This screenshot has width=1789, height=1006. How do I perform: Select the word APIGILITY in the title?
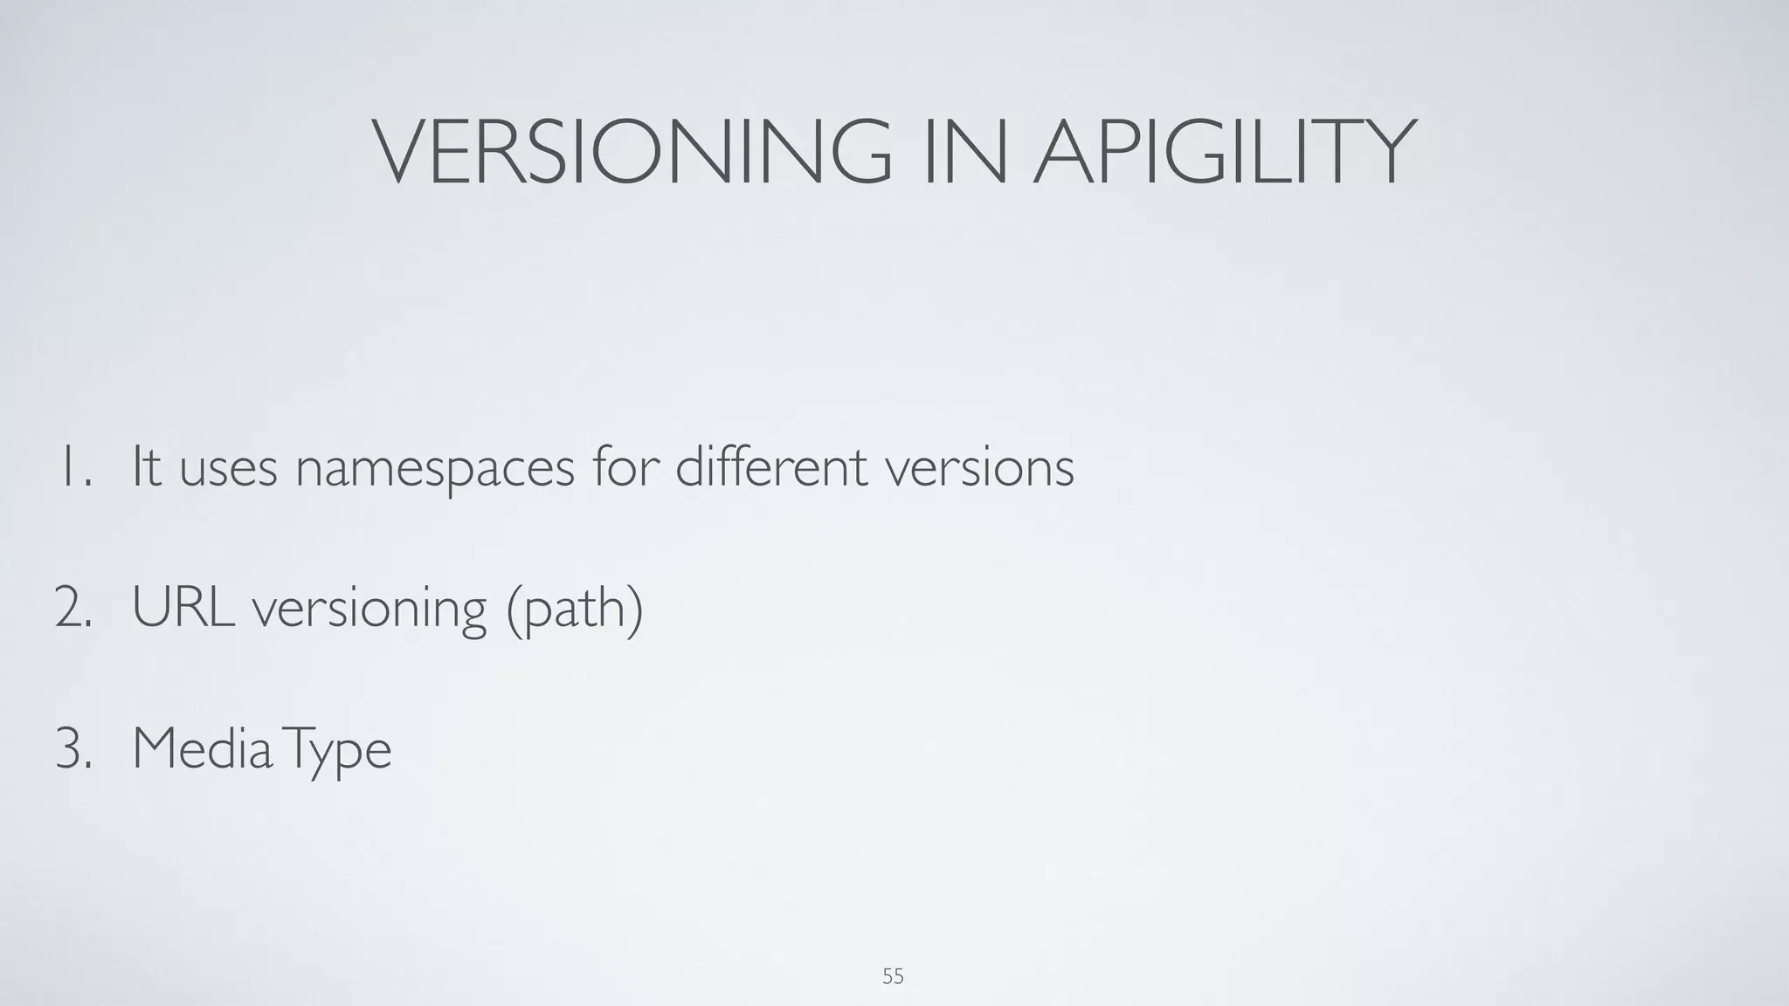pyautogui.click(x=1223, y=152)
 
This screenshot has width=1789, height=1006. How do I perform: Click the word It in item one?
pyautogui.click(x=147, y=467)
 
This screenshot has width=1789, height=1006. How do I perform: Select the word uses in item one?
pyautogui.click(x=228, y=469)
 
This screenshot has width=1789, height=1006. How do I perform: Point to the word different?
pyautogui.click(x=771, y=467)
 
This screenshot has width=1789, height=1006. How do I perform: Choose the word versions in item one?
pyautogui.click(x=979, y=469)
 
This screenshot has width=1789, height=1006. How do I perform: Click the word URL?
pyautogui.click(x=183, y=608)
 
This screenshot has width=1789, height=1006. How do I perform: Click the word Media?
pyautogui.click(x=202, y=749)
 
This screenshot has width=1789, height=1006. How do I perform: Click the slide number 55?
pyautogui.click(x=893, y=976)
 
